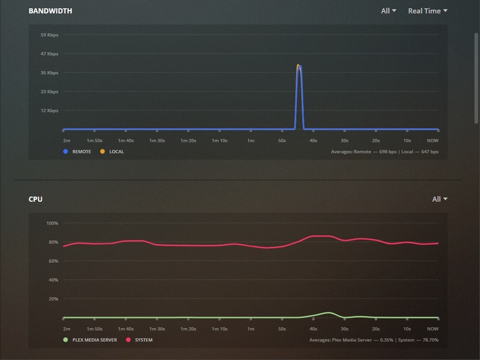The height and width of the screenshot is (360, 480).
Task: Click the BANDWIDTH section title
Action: tap(51, 11)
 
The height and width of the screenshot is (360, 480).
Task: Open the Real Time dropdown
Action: tap(428, 11)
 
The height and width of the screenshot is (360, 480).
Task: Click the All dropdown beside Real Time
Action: tap(388, 11)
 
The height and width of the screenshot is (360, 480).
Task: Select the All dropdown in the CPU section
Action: tap(439, 199)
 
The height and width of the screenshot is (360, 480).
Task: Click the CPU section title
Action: tap(35, 199)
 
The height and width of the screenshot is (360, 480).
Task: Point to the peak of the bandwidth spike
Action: tap(298, 65)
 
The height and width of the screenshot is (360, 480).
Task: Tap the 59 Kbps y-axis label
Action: tap(49, 35)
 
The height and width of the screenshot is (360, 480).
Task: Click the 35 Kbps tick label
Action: tap(49, 73)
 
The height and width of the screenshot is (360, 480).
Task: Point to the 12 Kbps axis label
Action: tap(49, 111)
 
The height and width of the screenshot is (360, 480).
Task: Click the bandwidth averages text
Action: tap(385, 152)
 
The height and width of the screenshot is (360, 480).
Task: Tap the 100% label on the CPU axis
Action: tap(52, 224)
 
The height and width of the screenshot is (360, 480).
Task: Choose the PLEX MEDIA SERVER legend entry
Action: tap(94, 340)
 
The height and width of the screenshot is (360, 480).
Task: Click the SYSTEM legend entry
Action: tap(144, 340)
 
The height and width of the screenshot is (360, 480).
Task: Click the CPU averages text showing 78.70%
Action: tap(374, 340)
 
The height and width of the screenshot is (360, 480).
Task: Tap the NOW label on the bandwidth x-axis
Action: tap(432, 141)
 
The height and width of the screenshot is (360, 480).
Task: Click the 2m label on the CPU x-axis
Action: tap(66, 329)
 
